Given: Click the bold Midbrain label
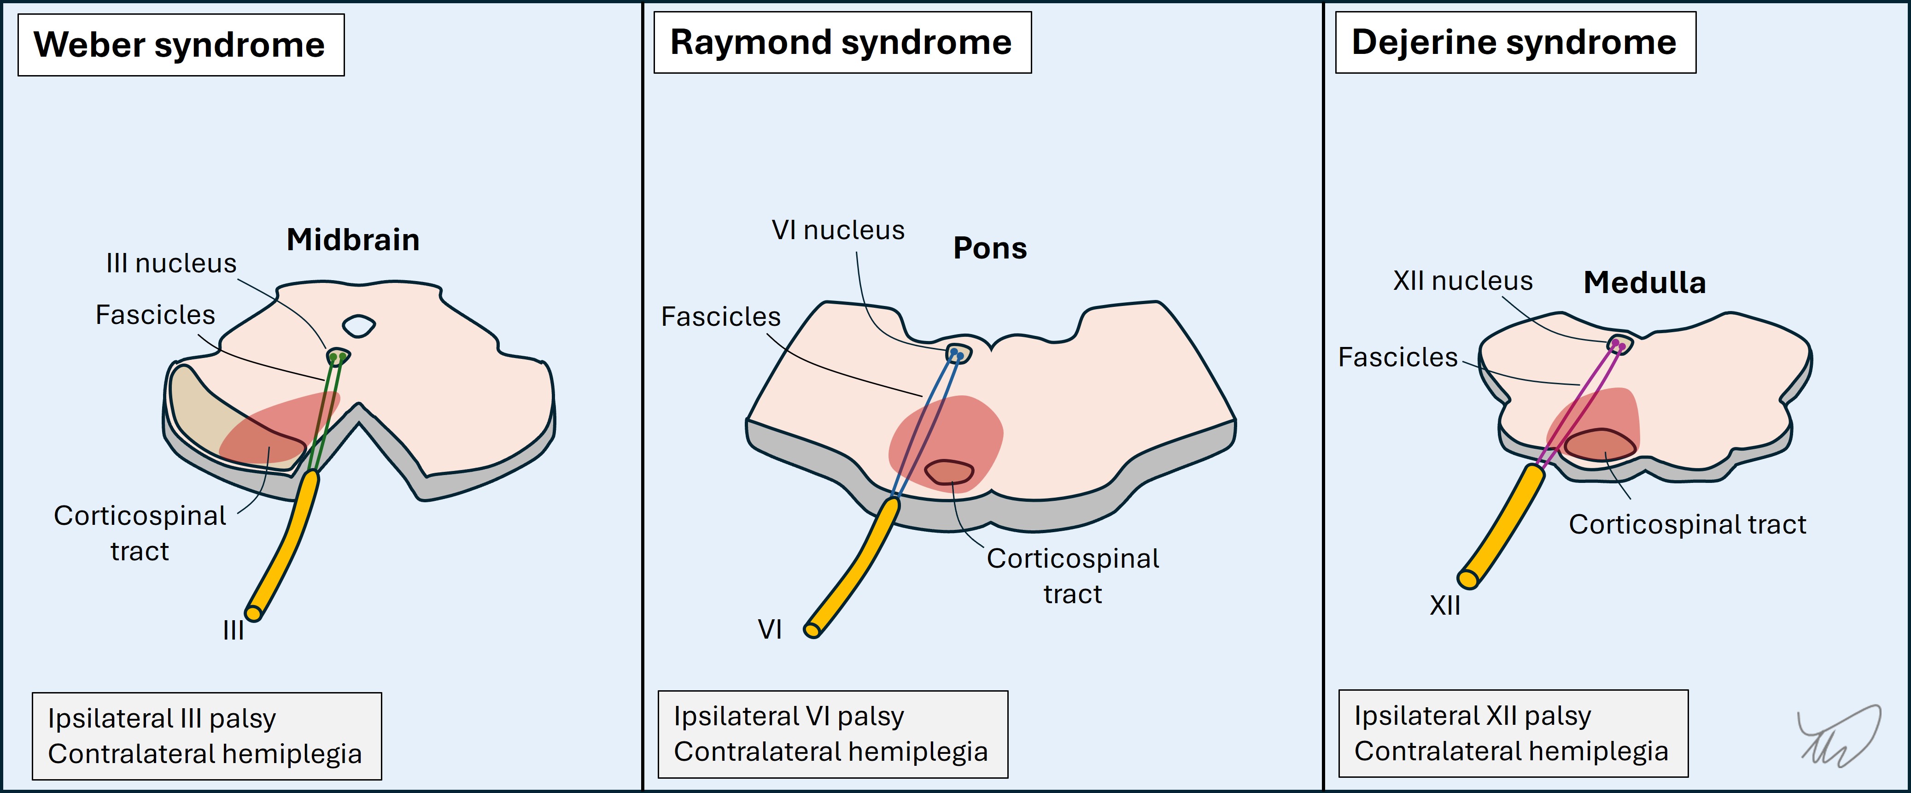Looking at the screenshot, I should pyautogui.click(x=353, y=240).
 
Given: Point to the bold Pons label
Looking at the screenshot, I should pyautogui.click(x=990, y=248).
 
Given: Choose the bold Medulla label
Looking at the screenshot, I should pyautogui.click(x=1644, y=282).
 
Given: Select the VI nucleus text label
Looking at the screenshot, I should pyautogui.click(x=837, y=230).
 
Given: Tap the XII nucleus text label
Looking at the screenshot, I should pyautogui.click(x=1462, y=281).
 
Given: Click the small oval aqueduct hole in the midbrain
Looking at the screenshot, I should pyautogui.click(x=358, y=325).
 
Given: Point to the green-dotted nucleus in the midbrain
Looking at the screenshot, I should pyautogui.click(x=338, y=356).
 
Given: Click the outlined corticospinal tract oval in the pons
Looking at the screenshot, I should pyautogui.click(x=949, y=472).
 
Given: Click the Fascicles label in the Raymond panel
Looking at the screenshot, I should pyautogui.click(x=720, y=317).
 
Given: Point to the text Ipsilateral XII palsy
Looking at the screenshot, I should pyautogui.click(x=1472, y=716).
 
